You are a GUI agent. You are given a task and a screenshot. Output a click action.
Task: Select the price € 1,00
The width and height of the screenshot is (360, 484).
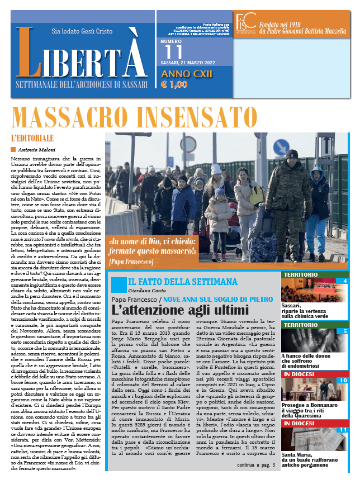174,85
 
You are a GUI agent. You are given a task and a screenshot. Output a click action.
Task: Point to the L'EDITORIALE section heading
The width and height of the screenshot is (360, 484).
32,137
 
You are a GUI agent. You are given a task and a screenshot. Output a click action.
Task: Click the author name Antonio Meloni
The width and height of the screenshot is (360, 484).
35,150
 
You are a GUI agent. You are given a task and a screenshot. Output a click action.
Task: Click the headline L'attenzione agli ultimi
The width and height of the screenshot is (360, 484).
179,310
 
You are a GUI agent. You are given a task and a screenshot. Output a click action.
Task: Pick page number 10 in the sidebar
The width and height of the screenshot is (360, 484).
343,379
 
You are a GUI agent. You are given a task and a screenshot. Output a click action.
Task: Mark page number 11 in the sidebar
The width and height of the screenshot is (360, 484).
343,429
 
